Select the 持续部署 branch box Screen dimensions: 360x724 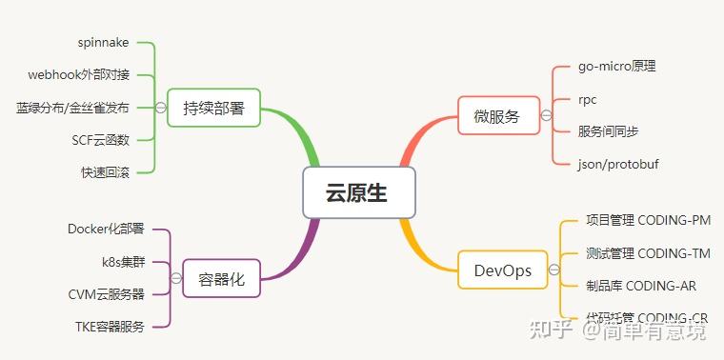pos(213,108)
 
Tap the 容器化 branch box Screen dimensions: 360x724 pos(221,279)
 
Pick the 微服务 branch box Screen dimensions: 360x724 pos(496,116)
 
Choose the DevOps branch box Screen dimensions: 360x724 pos(502,270)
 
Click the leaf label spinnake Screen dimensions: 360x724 pos(103,43)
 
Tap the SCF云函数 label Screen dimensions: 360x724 pos(100,140)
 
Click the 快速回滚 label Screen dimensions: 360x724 pos(105,172)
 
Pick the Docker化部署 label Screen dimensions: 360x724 pos(106,229)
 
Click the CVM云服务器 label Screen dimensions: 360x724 pos(107,293)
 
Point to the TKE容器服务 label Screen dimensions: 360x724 pos(110,327)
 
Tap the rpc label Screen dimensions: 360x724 pos(588,99)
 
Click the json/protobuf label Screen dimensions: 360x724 pos(618,164)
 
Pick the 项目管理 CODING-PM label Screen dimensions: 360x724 pos(648,220)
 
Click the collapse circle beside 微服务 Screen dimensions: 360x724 pos(546,116)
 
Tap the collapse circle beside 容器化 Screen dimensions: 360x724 pos(175,278)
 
